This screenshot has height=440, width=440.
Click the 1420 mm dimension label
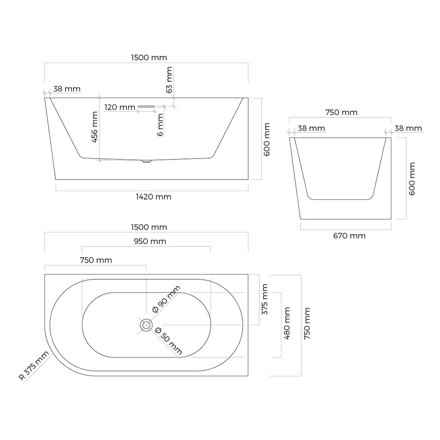[x=153, y=197]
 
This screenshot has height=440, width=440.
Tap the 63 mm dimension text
[x=169, y=80]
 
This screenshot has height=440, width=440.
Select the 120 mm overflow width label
[x=120, y=107]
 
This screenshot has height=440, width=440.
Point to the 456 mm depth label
[x=95, y=127]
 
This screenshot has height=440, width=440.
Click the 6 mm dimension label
[x=160, y=125]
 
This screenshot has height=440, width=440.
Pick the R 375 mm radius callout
[x=34, y=366]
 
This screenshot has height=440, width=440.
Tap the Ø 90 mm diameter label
[x=166, y=299]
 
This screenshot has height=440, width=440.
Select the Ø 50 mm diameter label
[x=168, y=341]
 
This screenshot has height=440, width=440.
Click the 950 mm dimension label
[x=150, y=241]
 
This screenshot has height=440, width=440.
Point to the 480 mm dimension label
[x=287, y=323]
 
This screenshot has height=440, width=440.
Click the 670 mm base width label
[x=349, y=236]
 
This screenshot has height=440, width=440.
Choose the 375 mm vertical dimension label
[x=265, y=299]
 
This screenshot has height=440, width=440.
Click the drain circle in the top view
[x=146, y=325]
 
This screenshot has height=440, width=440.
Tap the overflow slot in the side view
[x=146, y=106]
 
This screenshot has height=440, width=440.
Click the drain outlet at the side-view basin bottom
[x=146, y=161]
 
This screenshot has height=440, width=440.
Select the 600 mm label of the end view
[x=411, y=179]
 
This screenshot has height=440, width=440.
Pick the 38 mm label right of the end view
[x=408, y=128]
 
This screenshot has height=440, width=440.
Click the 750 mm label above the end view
[x=341, y=113]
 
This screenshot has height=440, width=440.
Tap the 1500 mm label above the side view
[x=149, y=57]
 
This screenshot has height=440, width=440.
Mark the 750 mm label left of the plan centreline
[x=96, y=260]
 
